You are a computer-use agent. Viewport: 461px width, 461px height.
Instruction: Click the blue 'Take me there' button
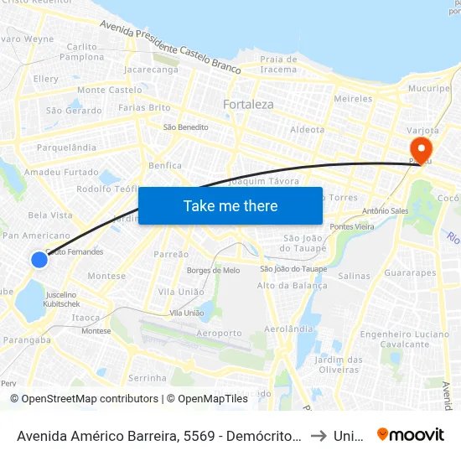click(230, 205)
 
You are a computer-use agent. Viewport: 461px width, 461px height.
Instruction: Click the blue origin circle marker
click(39, 260)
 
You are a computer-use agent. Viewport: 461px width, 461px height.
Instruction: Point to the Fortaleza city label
click(248, 105)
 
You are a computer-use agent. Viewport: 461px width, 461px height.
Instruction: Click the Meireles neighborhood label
click(353, 99)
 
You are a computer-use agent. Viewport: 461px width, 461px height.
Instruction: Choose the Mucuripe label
click(428, 88)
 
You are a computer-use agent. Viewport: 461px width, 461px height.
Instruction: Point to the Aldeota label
click(306, 130)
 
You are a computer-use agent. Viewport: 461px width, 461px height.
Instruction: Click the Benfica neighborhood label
click(165, 166)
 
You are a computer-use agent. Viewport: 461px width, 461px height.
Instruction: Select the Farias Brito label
click(144, 108)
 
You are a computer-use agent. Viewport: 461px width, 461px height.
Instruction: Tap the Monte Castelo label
click(109, 90)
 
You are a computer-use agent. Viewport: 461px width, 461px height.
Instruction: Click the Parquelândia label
click(66, 148)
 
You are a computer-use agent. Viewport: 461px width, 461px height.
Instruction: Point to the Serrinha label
click(148, 378)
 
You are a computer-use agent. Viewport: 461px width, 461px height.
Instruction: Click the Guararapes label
click(410, 273)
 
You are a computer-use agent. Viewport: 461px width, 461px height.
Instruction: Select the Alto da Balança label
click(292, 286)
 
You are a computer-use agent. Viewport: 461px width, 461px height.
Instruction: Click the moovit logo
click(410, 435)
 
